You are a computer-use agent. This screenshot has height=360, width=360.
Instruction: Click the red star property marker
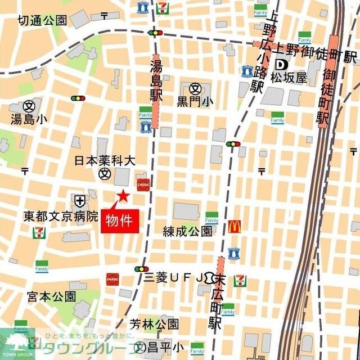click(x=122, y=196)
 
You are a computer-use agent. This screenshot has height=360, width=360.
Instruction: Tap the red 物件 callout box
click(x=119, y=220)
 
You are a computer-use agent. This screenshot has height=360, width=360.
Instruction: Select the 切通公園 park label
click(x=42, y=21)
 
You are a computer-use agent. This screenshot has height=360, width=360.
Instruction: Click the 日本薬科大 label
click(x=105, y=160)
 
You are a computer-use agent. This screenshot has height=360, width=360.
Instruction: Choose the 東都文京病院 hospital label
click(x=60, y=216)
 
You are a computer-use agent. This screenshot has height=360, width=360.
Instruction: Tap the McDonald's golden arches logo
click(x=235, y=227)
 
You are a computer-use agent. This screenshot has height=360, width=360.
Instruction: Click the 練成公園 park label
click(x=187, y=231)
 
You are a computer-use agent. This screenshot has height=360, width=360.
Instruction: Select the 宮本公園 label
click(x=51, y=296)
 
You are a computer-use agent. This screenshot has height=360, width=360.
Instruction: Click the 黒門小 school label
click(x=195, y=101)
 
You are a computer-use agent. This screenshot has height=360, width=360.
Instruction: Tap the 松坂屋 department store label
click(x=289, y=76)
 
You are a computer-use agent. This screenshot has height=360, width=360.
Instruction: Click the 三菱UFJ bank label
click(x=173, y=277)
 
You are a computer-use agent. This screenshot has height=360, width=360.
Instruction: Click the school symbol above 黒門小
click(x=195, y=88)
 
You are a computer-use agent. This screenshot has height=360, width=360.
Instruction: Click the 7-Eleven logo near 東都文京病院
click(x=39, y=233)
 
